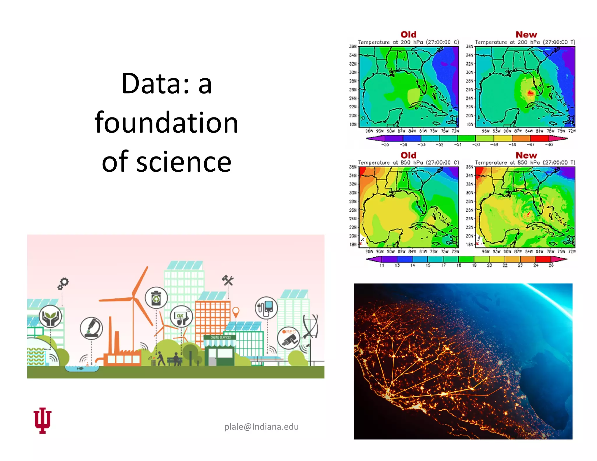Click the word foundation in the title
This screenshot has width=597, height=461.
coord(166,123)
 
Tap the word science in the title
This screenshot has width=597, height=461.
coord(184,162)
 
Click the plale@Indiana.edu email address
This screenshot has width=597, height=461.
coord(261,427)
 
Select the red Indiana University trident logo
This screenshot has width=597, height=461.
coord(43,420)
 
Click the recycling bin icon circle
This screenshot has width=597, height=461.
coord(156,298)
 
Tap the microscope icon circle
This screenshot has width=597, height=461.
coord(91,328)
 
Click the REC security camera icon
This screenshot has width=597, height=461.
coord(288,338)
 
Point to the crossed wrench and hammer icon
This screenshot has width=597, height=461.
coord(228,280)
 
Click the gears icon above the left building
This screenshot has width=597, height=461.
coord(63,283)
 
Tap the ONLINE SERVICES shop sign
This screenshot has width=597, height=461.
coord(220,337)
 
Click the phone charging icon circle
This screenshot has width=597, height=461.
coord(266,308)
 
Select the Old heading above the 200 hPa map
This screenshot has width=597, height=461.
coord(408,34)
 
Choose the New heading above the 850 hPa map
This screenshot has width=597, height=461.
coord(526,155)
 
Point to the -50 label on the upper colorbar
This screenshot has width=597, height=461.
coord(476,145)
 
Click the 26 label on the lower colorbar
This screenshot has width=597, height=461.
coord(551,265)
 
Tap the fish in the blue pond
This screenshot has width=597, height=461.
coord(80,368)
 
